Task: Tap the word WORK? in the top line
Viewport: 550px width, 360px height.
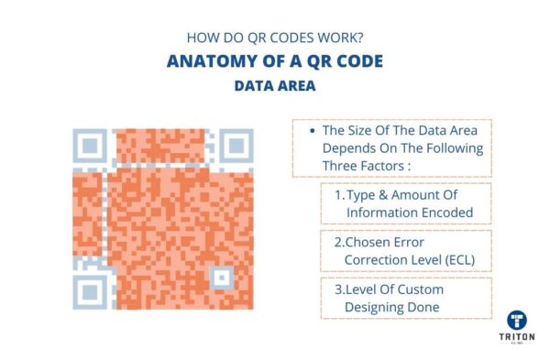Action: (338, 38)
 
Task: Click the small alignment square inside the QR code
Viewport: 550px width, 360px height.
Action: (221, 276)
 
